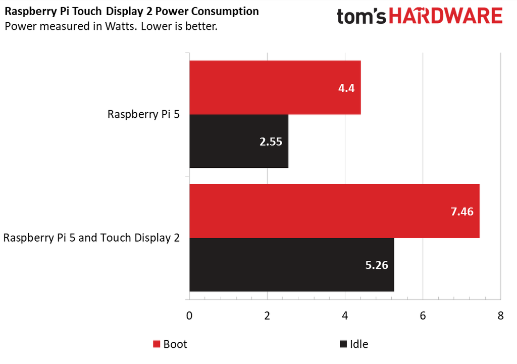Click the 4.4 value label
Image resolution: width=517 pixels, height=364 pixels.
346,88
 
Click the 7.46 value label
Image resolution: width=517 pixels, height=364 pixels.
461,211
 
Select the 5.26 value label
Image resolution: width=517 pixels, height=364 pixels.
376,265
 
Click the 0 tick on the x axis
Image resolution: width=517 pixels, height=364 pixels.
189,316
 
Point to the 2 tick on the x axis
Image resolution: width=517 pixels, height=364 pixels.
267,316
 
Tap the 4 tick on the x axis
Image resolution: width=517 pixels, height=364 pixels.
345,316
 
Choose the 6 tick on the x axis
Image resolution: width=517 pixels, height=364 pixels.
423,316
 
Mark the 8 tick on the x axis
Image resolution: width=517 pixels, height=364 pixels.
500,316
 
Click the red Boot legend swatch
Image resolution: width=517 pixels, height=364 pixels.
157,344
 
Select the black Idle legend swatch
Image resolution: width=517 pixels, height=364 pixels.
343,344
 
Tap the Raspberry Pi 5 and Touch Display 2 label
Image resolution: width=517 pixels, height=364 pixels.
91,238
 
